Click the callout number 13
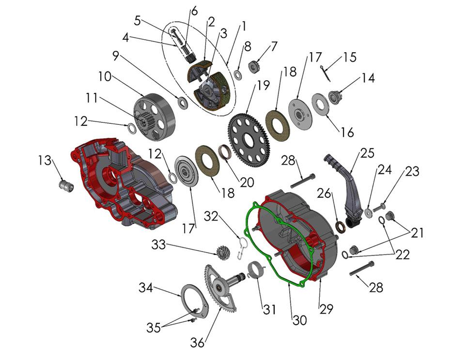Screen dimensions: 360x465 pos(45,160)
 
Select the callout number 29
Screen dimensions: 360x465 pos(326,309)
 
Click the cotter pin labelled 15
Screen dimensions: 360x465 pos(328,70)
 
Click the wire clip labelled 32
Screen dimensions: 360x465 pos(242,247)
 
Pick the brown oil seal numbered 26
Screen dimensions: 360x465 pos(341,225)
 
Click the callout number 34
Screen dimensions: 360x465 pos(146,288)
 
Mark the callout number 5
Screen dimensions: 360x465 pos(138,21)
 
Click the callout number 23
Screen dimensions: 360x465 pos(413,171)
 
